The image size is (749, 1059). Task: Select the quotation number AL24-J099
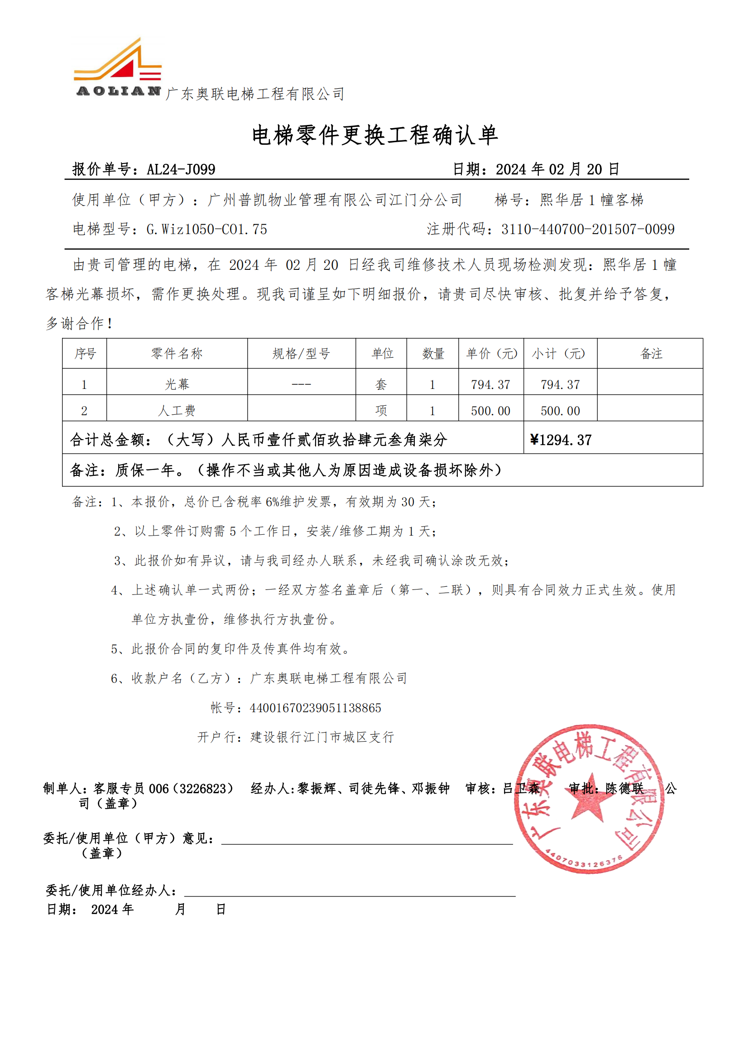[x=181, y=169]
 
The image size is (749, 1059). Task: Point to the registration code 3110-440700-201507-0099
[x=588, y=229]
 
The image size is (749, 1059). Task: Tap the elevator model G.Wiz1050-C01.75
[x=206, y=229]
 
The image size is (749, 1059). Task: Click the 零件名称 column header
[x=177, y=354]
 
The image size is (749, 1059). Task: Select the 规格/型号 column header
[x=301, y=354]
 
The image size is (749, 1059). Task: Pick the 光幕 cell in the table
[x=177, y=384]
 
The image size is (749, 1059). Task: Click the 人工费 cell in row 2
[x=177, y=411]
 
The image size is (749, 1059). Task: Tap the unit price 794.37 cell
[x=490, y=384]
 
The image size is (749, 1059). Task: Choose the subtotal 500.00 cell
[x=560, y=411]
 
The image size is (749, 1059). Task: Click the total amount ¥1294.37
[x=561, y=440]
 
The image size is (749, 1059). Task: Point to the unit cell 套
[x=381, y=384]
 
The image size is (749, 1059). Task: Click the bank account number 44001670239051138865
[x=316, y=708]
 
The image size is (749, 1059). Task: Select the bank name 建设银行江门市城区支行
[x=322, y=737]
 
